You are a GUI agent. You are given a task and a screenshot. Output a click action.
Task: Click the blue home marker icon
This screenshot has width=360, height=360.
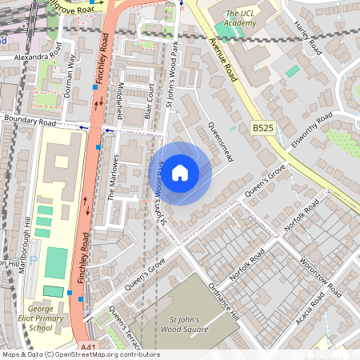(180, 172)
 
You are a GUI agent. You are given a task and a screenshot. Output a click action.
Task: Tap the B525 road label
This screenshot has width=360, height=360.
(263, 128)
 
